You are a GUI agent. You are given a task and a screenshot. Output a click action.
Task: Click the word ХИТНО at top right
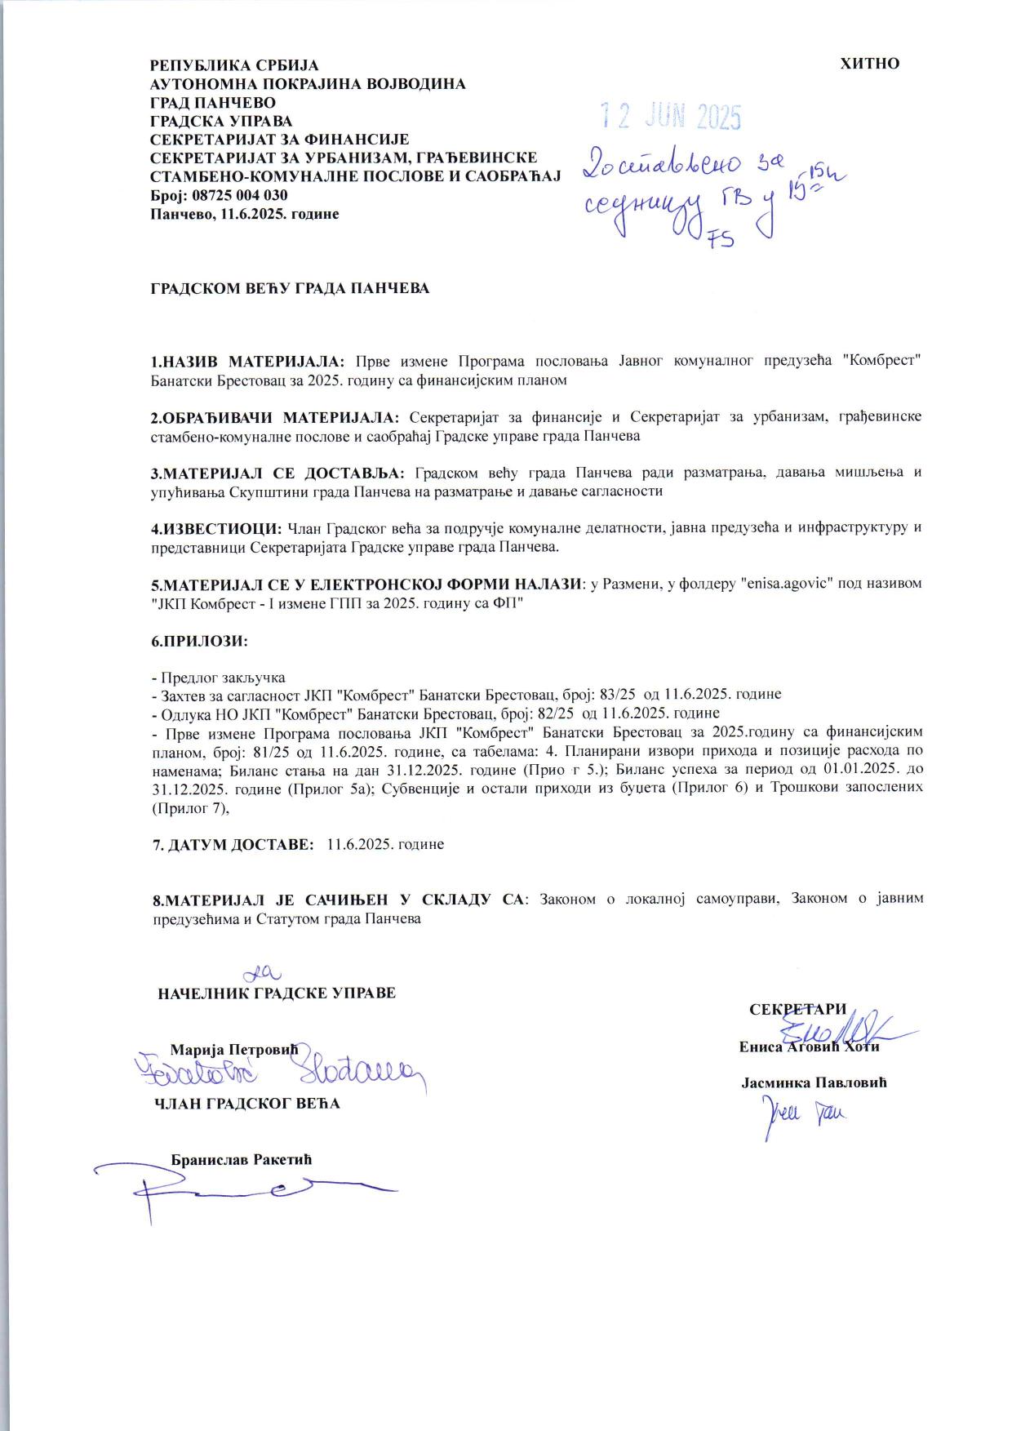tap(869, 64)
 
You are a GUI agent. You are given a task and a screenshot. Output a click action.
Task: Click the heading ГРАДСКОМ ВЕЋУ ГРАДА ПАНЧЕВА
tap(290, 288)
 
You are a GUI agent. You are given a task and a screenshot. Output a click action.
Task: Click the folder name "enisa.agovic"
tap(784, 584)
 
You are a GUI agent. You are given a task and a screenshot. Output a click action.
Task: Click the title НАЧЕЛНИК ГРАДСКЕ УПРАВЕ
tap(277, 993)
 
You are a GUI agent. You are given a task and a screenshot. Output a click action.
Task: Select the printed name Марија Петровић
tap(235, 1048)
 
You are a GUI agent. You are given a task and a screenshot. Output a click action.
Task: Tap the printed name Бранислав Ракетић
tap(242, 1159)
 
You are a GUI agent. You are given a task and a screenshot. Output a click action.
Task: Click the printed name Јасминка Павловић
tap(814, 1083)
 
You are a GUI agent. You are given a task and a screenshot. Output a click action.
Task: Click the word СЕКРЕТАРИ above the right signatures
tap(797, 1009)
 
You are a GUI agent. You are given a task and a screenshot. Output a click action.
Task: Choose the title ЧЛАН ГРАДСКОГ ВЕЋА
tap(247, 1104)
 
